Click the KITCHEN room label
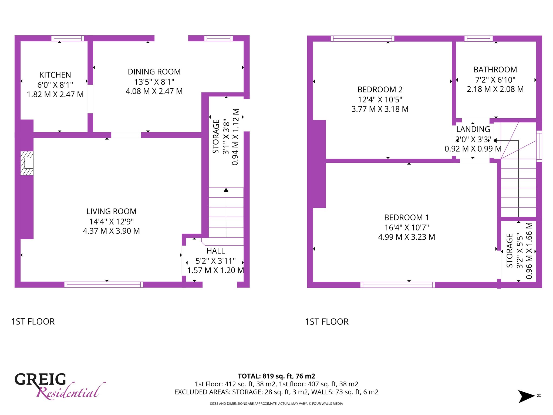pyautogui.click(x=55, y=75)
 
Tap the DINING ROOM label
pyautogui.click(x=154, y=72)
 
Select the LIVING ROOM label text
pyautogui.click(x=111, y=211)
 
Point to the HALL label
pyautogui.click(x=215, y=251)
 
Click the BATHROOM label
pyautogui.click(x=495, y=70)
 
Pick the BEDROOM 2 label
pyautogui.click(x=380, y=89)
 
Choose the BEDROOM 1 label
pyautogui.click(x=406, y=217)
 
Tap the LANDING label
pyautogui.click(x=473, y=129)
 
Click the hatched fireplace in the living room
pyautogui.click(x=27, y=163)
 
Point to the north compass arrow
pyautogui.click(x=526, y=396)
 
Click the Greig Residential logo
pyautogui.click(x=60, y=386)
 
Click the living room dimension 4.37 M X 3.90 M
pyautogui.click(x=111, y=231)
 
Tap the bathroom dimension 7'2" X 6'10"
pyautogui.click(x=495, y=80)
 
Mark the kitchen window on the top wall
pyautogui.click(x=68, y=38)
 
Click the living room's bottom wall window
pyautogui.click(x=104, y=285)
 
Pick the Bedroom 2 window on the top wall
pyautogui.click(x=362, y=38)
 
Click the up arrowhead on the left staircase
pyautogui.click(x=226, y=190)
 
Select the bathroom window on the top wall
pyautogui.click(x=478, y=38)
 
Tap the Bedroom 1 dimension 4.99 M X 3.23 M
pyautogui.click(x=407, y=237)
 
